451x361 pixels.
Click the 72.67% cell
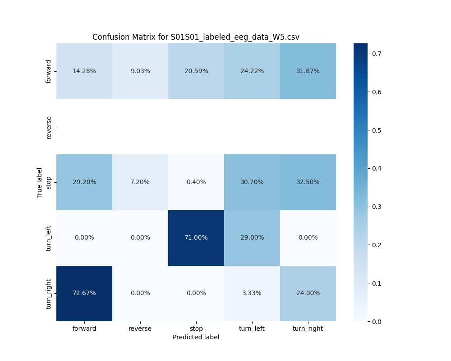(84, 293)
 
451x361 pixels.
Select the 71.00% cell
(196, 238)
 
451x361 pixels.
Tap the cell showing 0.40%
(196, 182)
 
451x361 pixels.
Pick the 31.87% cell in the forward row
(308, 71)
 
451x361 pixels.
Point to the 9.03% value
(140, 71)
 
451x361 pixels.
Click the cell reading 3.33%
(252, 293)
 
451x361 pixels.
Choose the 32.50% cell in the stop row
(308, 182)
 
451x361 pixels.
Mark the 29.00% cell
(252, 238)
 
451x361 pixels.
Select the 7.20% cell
(140, 182)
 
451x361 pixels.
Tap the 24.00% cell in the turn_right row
(308, 293)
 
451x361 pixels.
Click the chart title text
(196, 37)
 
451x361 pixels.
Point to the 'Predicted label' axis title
(196, 338)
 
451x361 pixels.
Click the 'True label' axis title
(40, 182)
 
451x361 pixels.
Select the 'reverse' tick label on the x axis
(140, 329)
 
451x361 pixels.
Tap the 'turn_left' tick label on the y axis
(49, 238)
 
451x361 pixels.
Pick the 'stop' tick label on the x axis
(196, 329)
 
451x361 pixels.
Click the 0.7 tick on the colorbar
(377, 54)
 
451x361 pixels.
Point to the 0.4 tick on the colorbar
(377, 168)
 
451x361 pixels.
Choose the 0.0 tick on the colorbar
(377, 321)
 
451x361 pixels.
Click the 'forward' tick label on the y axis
(49, 71)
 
